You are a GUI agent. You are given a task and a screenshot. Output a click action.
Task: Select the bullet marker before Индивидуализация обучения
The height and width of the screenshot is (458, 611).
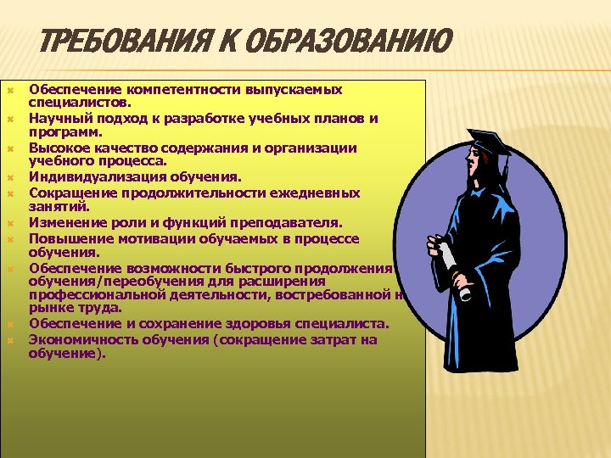11,178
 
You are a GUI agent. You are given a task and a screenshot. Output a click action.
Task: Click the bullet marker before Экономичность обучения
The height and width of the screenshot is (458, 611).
11,340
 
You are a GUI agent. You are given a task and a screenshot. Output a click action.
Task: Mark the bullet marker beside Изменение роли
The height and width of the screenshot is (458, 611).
11,223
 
